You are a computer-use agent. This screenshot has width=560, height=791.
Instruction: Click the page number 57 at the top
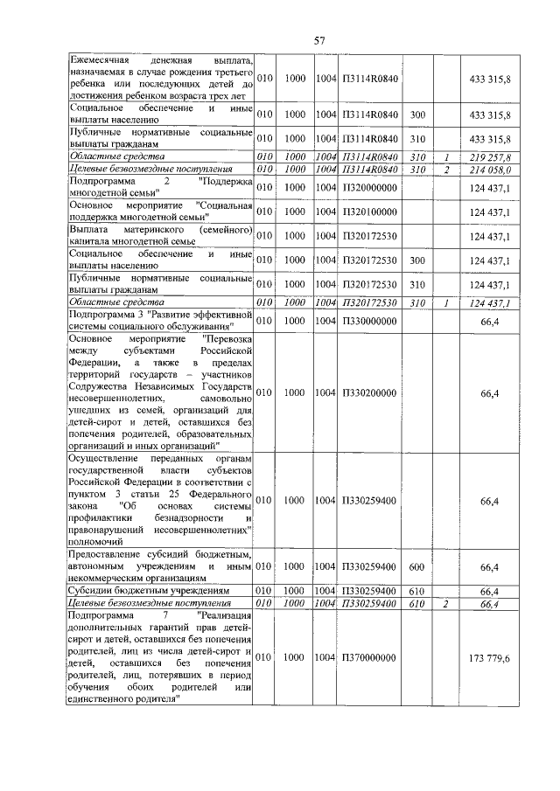click(319, 40)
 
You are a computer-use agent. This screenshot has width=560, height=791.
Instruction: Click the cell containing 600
click(417, 567)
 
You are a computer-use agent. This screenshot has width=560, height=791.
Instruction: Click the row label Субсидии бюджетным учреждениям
click(150, 591)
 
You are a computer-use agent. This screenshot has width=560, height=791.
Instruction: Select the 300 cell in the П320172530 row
click(417, 260)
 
